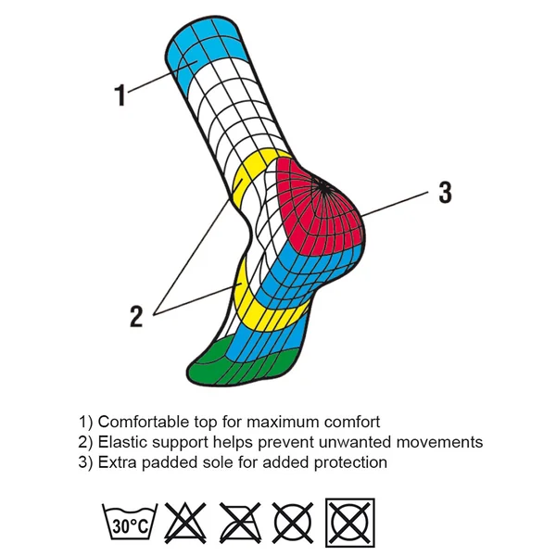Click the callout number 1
click(120, 95)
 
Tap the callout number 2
click(136, 316)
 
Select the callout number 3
click(446, 192)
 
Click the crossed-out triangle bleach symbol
click(185, 523)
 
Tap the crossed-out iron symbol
click(240, 523)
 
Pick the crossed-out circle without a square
click(294, 523)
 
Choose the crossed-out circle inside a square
click(350, 523)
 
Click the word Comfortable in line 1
click(144, 422)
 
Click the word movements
click(439, 442)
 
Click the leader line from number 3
click(395, 204)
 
